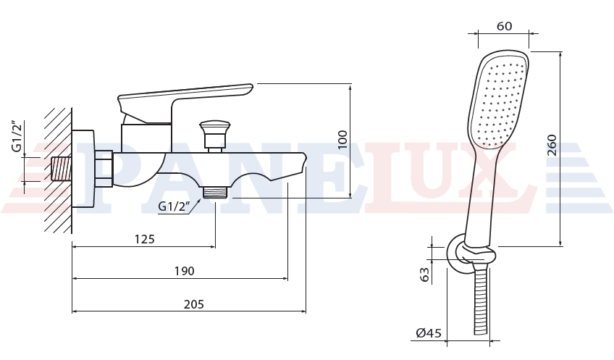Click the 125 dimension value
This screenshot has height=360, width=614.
tap(145, 238)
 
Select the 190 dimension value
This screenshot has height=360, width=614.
tap(184, 271)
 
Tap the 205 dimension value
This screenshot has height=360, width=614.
tap(194, 304)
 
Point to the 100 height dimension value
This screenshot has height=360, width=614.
tap(342, 140)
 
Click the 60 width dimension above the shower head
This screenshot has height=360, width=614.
tap(505, 26)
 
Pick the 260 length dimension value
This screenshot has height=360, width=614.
tap(552, 145)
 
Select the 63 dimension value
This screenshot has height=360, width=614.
tap(424, 275)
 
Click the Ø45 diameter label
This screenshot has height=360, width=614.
tap(429, 333)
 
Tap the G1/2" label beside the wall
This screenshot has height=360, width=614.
tap(17, 135)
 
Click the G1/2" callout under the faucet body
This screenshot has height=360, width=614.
tap(174, 206)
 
